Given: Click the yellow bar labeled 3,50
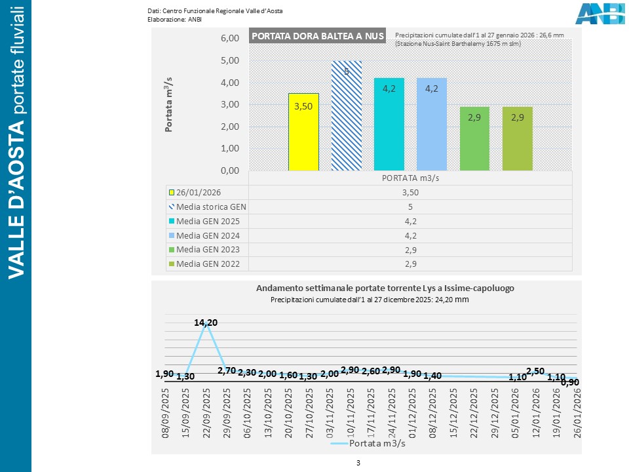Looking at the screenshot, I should (303, 132).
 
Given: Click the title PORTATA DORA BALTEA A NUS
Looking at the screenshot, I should (317, 36).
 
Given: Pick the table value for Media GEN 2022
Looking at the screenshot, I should (410, 264).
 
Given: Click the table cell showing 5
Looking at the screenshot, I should (410, 206).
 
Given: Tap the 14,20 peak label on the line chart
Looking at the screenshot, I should (206, 322).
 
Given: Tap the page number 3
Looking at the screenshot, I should (358, 463).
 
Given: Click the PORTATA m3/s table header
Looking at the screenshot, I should (410, 178).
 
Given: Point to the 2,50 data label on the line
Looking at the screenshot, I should (535, 372).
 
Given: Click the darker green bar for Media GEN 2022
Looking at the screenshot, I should (517, 138).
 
